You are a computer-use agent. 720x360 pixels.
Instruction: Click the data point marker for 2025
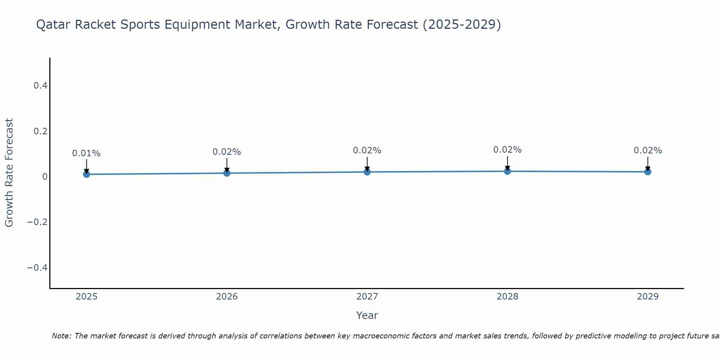point(86,174)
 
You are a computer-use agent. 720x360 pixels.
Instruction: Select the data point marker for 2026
point(227,173)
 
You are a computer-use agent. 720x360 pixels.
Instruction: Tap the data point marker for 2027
point(367,172)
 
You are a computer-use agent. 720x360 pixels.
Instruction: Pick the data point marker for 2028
point(507,171)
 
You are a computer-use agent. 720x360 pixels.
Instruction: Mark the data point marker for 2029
point(648,172)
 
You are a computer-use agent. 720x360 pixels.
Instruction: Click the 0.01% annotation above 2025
point(86,153)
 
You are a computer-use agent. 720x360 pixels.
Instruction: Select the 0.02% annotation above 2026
point(227,152)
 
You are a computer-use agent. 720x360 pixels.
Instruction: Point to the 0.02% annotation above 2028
point(507,150)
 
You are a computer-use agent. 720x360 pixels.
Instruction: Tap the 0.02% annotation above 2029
point(648,150)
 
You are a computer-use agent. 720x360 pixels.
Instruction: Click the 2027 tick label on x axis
point(367,297)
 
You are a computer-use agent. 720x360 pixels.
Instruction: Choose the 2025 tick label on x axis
point(86,297)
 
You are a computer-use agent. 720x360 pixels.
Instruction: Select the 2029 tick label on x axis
point(648,297)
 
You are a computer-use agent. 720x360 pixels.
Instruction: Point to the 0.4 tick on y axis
point(40,86)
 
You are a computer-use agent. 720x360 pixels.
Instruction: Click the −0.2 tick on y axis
point(37,222)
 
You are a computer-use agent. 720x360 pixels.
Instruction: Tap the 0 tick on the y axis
point(45,177)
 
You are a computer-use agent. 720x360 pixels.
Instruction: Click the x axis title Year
point(367,315)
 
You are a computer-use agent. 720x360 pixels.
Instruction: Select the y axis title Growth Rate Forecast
point(9,173)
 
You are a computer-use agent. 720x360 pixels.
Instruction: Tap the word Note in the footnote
point(61,336)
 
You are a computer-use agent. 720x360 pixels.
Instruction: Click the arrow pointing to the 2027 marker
point(367,164)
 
